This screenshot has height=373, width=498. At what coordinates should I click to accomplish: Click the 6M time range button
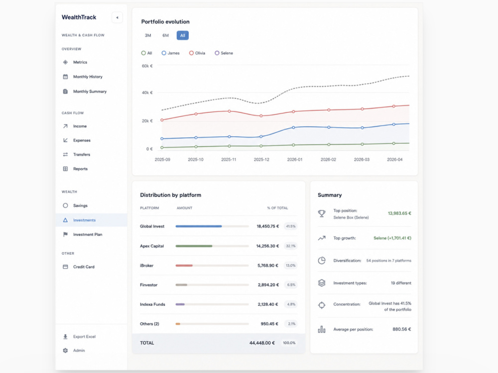point(165,35)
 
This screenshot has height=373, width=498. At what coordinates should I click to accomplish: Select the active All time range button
point(183,35)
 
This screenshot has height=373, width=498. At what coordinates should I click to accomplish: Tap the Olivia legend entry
point(197,53)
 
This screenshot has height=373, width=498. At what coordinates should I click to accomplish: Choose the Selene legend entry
point(224,53)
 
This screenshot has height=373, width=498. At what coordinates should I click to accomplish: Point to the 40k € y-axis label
point(147,93)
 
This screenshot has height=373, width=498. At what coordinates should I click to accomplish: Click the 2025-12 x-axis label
point(261,160)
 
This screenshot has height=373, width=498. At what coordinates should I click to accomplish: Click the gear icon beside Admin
point(65,351)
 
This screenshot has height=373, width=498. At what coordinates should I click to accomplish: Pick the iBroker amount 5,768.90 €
point(268,266)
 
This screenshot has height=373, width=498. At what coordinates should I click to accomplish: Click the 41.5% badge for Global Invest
point(291,226)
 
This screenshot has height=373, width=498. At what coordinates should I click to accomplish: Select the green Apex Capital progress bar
point(194,246)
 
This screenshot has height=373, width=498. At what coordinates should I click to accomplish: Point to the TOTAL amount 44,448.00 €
point(262,343)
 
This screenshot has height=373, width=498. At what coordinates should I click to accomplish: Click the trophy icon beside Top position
point(322,214)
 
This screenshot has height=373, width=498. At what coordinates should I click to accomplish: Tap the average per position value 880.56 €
point(402,329)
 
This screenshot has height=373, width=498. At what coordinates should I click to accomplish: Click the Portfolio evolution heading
point(165,21)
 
